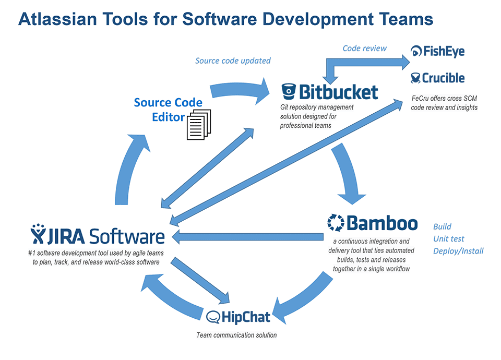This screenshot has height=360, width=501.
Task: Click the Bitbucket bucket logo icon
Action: [x=289, y=92]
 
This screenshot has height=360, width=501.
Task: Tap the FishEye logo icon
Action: [x=416, y=51]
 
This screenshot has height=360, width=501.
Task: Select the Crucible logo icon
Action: [x=416, y=78]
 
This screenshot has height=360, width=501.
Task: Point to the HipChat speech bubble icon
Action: [x=213, y=316]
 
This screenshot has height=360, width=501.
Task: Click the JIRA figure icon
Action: [x=39, y=235]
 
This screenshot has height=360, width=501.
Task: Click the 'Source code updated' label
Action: [x=233, y=61]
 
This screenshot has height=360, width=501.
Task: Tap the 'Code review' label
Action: [x=365, y=48]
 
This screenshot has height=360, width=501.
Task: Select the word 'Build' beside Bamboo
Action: [x=442, y=227]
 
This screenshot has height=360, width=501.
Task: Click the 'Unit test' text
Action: [x=448, y=239]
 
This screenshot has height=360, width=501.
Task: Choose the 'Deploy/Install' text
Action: [x=458, y=251]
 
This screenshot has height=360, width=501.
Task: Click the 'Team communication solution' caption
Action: [x=236, y=335]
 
